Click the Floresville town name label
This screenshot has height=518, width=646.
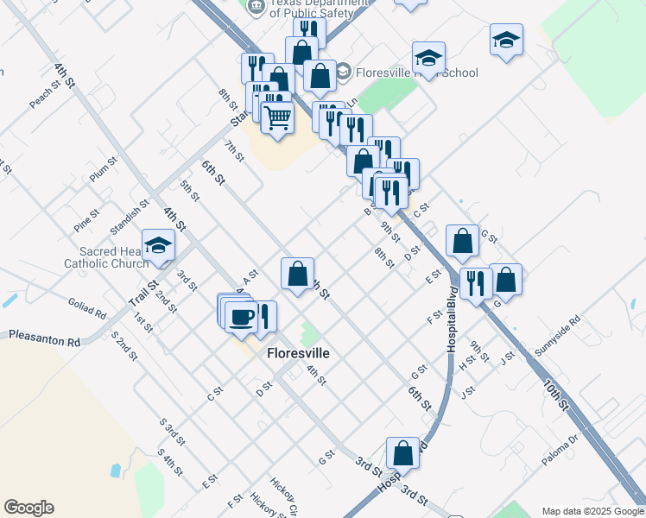point(298,353)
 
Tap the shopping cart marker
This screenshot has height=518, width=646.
point(277,117)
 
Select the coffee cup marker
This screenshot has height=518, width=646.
point(241,315)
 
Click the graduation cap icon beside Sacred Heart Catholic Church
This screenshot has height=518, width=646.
point(158,247)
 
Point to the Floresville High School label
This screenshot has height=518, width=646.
point(415,73)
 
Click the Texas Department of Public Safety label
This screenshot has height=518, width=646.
point(312,9)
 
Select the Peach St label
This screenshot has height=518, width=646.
point(49,94)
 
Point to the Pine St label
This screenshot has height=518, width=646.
point(87,216)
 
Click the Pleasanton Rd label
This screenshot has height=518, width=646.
point(44,338)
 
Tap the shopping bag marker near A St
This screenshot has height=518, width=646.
point(297,274)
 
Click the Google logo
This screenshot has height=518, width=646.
point(28,508)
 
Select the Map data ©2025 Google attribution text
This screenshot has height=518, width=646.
point(592,511)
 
